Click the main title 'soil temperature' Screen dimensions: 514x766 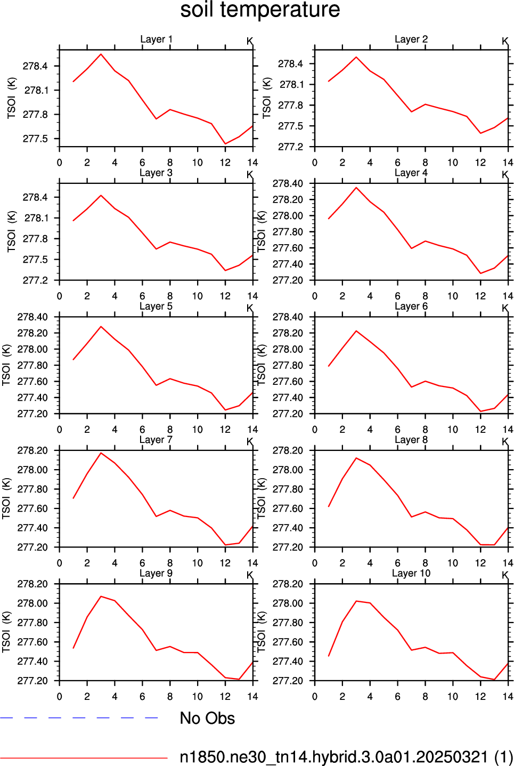click(x=260, y=10)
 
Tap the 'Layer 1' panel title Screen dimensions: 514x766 click(x=156, y=39)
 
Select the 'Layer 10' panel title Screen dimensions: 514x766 click(x=411, y=573)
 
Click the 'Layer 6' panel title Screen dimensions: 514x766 click(x=411, y=306)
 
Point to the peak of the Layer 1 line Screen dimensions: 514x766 click(x=101, y=54)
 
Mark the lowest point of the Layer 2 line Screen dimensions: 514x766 click(x=480, y=133)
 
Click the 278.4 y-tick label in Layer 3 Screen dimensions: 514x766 click(x=35, y=197)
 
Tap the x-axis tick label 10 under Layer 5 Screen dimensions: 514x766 click(x=197, y=430)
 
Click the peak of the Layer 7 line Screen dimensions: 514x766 click(x=101, y=453)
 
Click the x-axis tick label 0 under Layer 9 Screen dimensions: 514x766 click(x=60, y=697)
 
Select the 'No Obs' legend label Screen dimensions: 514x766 click(x=207, y=718)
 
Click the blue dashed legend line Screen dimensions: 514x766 click(x=79, y=717)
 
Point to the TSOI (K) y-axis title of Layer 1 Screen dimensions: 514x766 click(x=11, y=98)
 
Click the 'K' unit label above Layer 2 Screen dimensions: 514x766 click(x=505, y=41)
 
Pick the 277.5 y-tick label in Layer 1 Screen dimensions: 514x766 click(x=35, y=139)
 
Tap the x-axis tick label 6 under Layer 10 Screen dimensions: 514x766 click(x=397, y=697)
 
